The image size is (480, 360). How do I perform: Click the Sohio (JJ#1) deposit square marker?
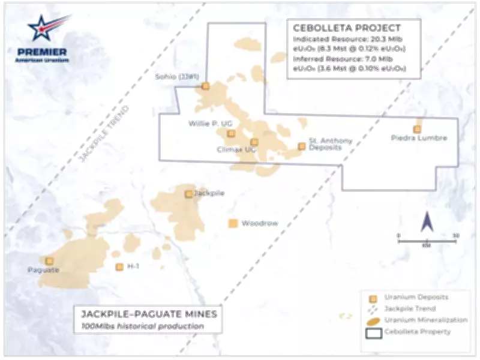click(x=205, y=86)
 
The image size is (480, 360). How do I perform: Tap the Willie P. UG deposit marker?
click(x=232, y=133)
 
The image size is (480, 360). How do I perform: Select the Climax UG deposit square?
click(x=254, y=142)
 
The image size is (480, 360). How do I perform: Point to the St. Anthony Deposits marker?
click(x=302, y=146)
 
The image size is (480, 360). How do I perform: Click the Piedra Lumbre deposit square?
click(x=417, y=129)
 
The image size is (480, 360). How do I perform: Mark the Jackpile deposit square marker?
click(x=188, y=194)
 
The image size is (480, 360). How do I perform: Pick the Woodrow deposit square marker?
click(x=233, y=223)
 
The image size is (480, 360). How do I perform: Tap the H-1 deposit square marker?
click(x=119, y=267)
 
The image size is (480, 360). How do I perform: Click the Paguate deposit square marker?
click(x=49, y=261)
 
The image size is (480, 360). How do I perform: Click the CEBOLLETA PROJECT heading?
click(x=346, y=28)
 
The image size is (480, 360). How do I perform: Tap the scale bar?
click(x=427, y=241)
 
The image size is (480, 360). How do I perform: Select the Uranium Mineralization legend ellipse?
click(x=373, y=320)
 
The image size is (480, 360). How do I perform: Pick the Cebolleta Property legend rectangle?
click(x=373, y=331)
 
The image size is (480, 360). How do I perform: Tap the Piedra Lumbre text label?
click(x=419, y=139)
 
